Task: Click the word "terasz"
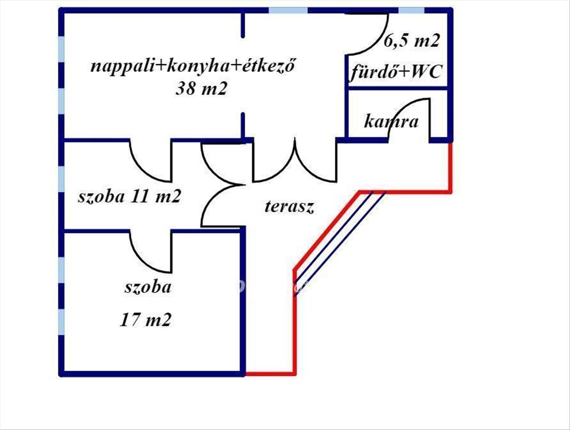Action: (289, 207)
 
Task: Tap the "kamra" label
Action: (391, 122)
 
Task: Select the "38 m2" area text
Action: (200, 88)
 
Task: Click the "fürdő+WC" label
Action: (397, 73)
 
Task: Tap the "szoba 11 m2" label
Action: (129, 196)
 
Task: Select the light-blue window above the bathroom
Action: (411, 10)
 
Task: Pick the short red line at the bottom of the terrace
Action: (270, 373)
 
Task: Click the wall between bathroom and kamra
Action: (397, 88)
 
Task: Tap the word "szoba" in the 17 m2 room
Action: (148, 287)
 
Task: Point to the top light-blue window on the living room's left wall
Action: (61, 48)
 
